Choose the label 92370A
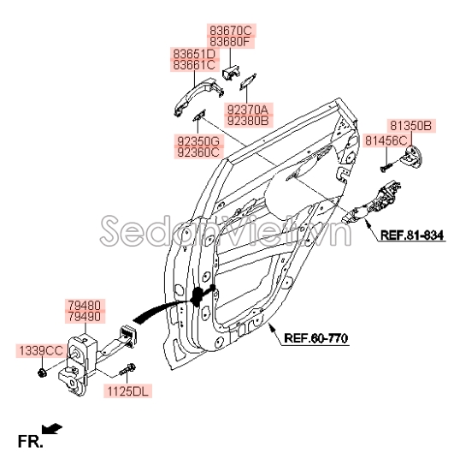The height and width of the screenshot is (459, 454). pyautogui.click(x=248, y=110)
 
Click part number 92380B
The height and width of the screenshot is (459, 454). pyautogui.click(x=248, y=121)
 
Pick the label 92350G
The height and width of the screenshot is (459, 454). pyautogui.click(x=198, y=140)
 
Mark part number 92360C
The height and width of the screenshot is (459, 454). pyautogui.click(x=198, y=152)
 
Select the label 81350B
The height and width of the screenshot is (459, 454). pyautogui.click(x=410, y=125)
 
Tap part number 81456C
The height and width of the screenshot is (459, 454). pyautogui.click(x=386, y=139)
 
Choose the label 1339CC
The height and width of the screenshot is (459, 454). pyautogui.click(x=41, y=350)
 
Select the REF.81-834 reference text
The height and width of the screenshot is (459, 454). pyautogui.click(x=413, y=234)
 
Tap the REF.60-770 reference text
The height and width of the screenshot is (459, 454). pyautogui.click(x=315, y=339)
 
